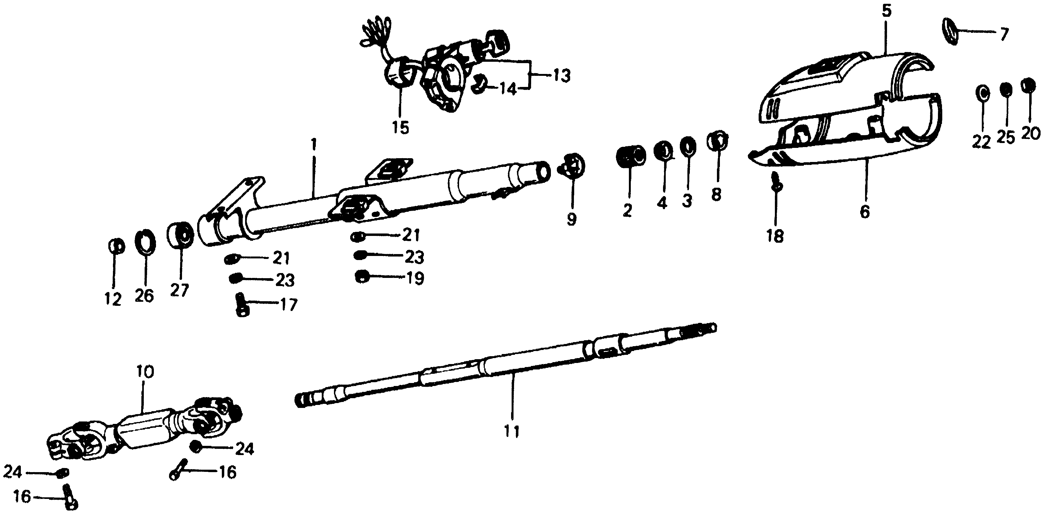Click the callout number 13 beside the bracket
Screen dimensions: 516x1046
pyautogui.click(x=561, y=76)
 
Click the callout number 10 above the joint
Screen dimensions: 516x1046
pyautogui.click(x=145, y=371)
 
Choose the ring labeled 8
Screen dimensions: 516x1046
pyautogui.click(x=717, y=141)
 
